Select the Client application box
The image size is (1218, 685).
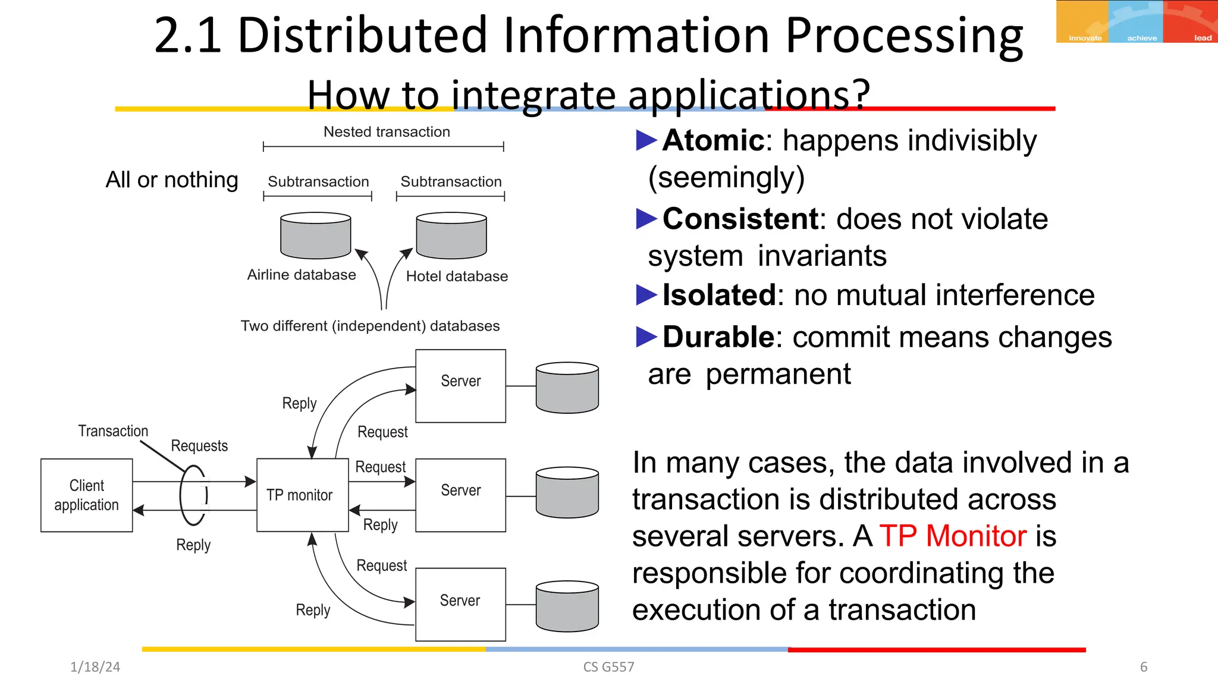(x=86, y=495)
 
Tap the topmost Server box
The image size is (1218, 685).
(x=460, y=385)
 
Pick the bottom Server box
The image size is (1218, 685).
(x=460, y=604)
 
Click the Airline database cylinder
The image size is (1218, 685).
(x=315, y=235)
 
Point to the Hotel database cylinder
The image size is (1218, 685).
(x=451, y=235)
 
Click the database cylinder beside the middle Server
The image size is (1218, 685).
(x=567, y=492)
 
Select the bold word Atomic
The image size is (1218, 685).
(x=713, y=141)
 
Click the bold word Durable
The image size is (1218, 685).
(x=718, y=337)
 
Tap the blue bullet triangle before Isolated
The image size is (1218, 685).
(x=646, y=295)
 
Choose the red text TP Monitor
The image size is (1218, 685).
(x=953, y=536)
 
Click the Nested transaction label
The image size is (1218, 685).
(x=387, y=132)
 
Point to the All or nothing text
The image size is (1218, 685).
(x=172, y=180)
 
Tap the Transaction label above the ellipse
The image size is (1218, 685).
(x=113, y=431)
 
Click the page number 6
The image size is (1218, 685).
(x=1143, y=667)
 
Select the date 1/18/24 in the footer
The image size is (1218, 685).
(x=95, y=667)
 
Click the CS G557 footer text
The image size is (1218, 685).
(x=608, y=667)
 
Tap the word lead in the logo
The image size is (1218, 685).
(x=1203, y=38)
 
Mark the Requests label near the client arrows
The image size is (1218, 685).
(x=199, y=446)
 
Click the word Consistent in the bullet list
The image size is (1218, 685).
(x=740, y=219)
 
